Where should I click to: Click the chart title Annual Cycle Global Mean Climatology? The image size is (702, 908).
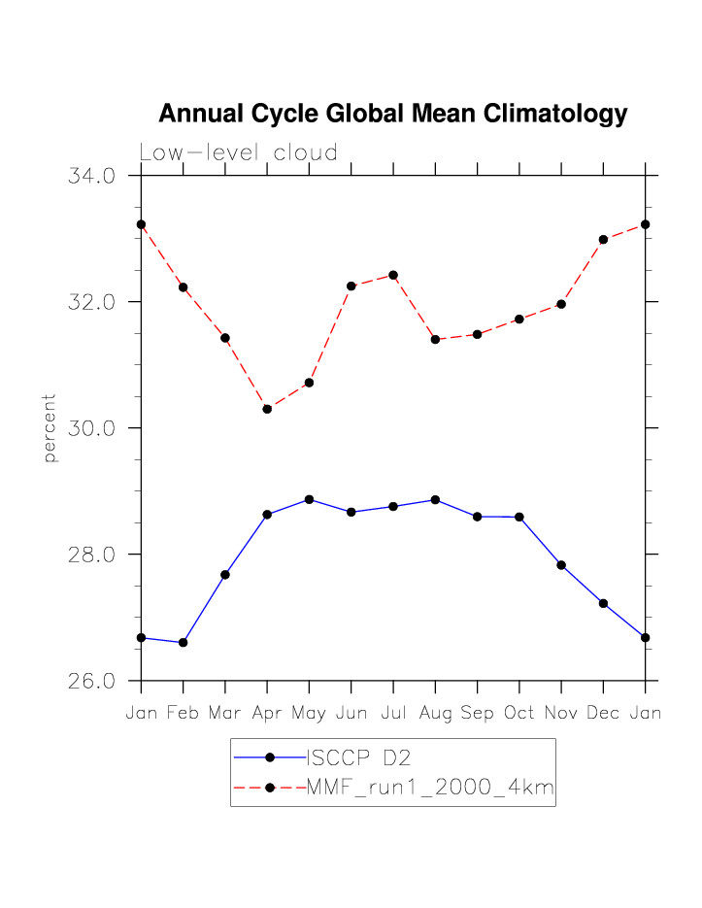(x=392, y=114)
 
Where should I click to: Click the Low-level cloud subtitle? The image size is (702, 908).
(x=238, y=152)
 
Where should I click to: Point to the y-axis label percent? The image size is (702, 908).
(x=50, y=427)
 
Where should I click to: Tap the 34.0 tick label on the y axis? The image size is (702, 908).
(x=92, y=176)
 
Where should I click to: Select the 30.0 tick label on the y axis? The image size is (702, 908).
(x=92, y=428)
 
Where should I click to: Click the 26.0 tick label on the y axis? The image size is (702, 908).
(x=92, y=681)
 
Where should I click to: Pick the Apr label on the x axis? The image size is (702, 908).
(x=267, y=713)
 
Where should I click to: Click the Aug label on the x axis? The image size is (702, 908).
(x=435, y=713)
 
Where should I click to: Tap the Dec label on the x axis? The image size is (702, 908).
(x=603, y=713)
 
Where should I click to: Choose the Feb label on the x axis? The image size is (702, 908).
(x=183, y=713)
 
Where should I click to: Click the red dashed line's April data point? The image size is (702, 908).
(x=267, y=409)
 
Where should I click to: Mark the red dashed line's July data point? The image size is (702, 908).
(x=393, y=275)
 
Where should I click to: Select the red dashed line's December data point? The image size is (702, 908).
(x=603, y=239)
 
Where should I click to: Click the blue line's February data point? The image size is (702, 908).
(x=183, y=642)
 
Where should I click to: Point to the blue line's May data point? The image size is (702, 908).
(x=309, y=499)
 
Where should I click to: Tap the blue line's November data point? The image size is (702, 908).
(x=561, y=565)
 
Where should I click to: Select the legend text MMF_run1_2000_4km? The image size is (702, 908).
(x=430, y=788)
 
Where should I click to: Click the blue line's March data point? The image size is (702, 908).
(x=225, y=574)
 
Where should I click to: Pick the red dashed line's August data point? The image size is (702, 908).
(x=435, y=339)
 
